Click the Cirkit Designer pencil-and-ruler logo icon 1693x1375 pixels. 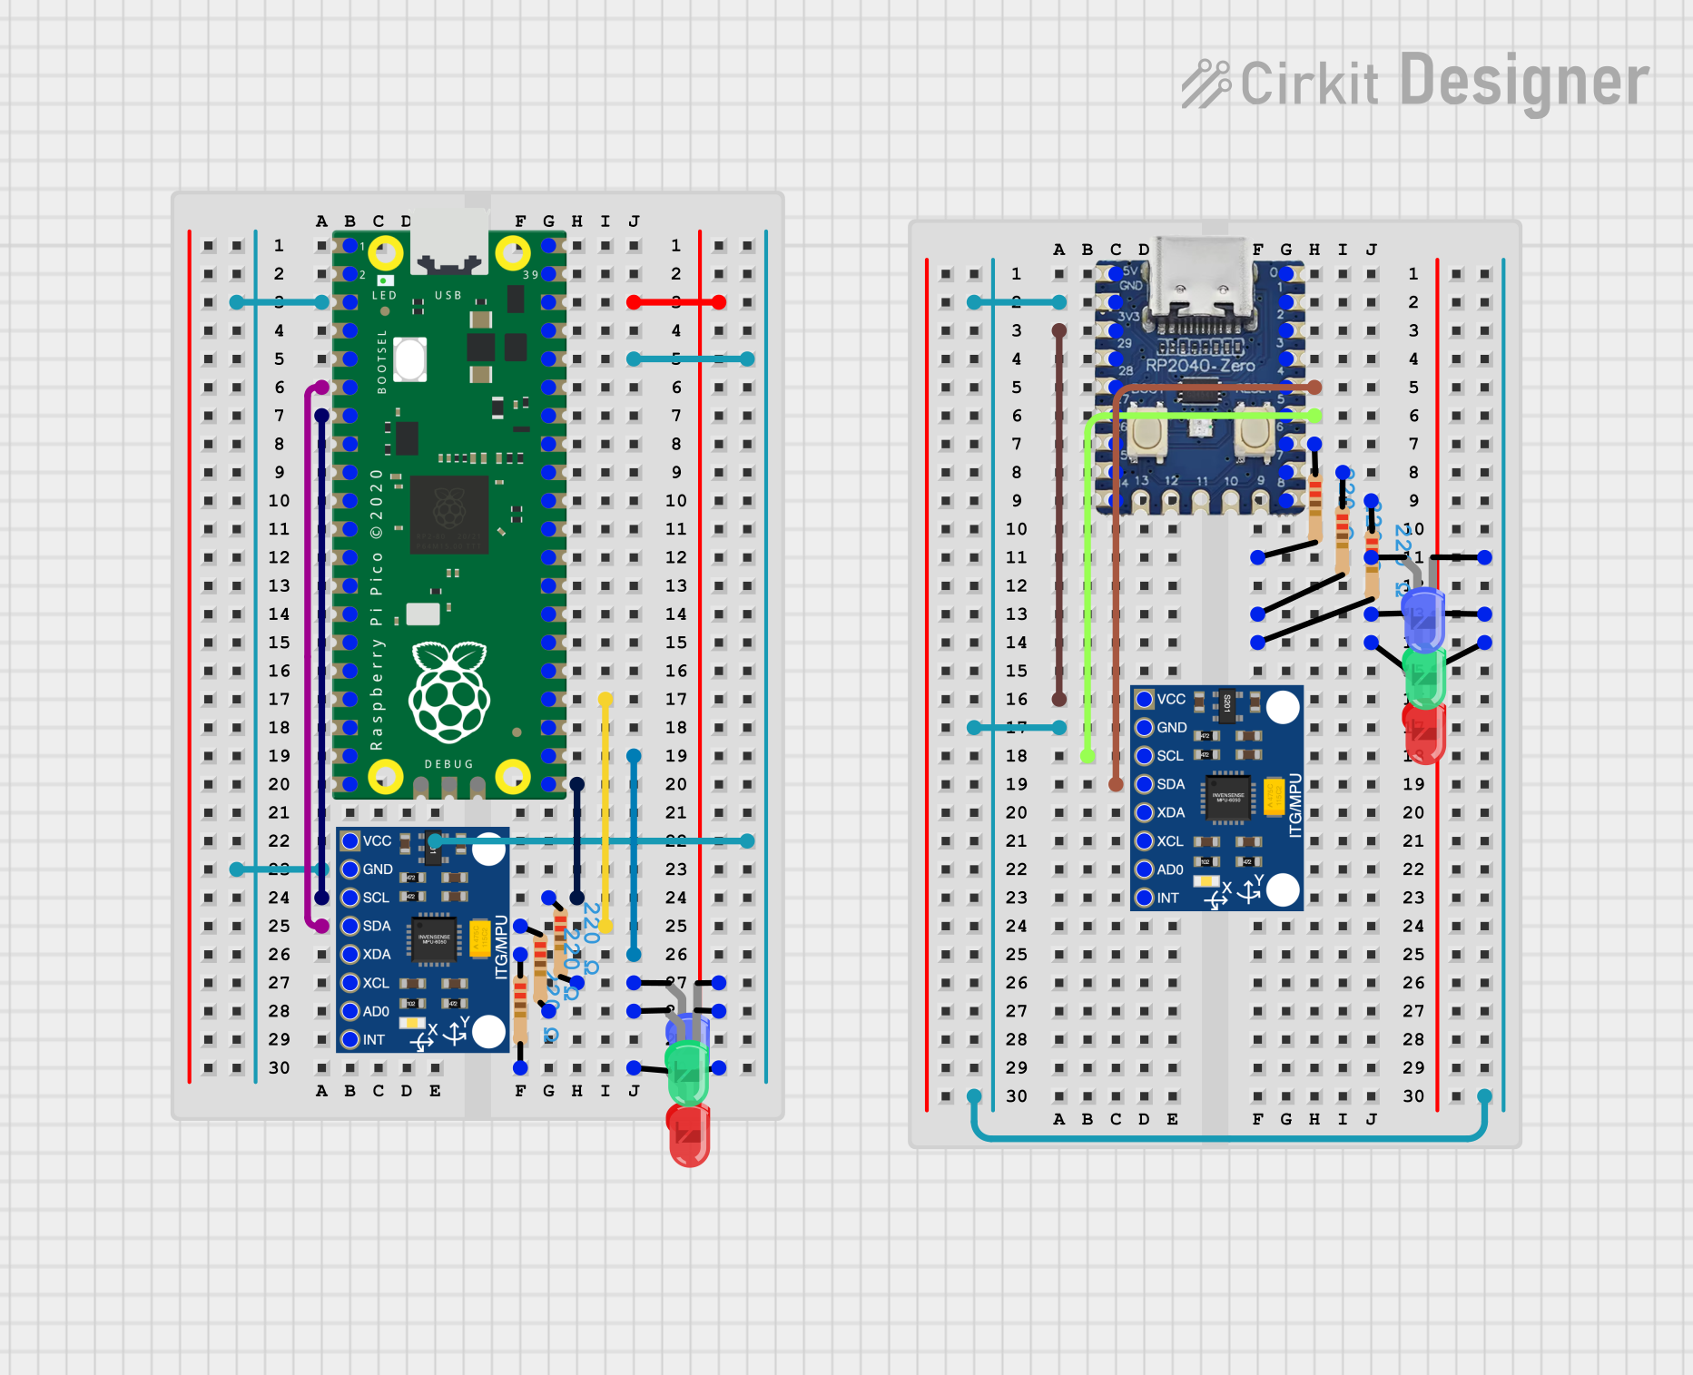[x=1206, y=83]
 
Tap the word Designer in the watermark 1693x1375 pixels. [x=1523, y=82]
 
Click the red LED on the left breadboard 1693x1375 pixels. [x=689, y=1134]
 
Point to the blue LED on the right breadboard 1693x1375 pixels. [x=1422, y=618]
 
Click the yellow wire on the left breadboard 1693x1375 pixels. [x=605, y=812]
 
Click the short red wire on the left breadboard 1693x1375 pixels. [x=675, y=302]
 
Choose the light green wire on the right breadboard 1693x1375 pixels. [x=1088, y=581]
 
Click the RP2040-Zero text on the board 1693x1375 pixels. [x=1200, y=366]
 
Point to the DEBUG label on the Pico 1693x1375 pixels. [x=448, y=764]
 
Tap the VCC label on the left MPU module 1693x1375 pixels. [x=377, y=841]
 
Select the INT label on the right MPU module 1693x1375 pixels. [x=1167, y=898]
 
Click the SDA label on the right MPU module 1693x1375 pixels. [x=1170, y=784]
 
